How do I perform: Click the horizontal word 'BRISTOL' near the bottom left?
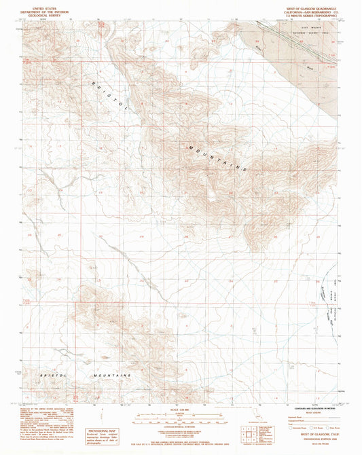[54, 374]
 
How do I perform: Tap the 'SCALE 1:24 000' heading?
[180, 407]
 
